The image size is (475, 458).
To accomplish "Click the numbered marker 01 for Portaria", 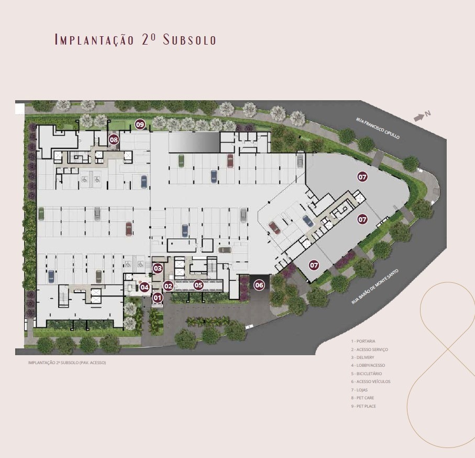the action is click(x=158, y=298).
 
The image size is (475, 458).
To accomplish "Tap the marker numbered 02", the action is click(x=168, y=286).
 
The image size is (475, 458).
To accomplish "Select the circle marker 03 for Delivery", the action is click(x=158, y=268).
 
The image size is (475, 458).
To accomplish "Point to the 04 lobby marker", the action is click(x=145, y=287).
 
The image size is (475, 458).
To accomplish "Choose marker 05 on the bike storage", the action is click(x=198, y=285).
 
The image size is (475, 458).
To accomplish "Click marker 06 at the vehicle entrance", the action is click(x=259, y=285).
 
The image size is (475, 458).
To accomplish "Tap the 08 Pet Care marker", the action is click(x=114, y=140).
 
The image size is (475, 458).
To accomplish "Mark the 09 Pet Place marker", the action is click(x=140, y=124).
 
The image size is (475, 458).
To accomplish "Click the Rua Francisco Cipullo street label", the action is click(x=378, y=129).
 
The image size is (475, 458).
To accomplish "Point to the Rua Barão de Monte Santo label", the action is click(x=375, y=286).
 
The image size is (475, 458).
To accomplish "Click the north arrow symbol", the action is click(x=419, y=118).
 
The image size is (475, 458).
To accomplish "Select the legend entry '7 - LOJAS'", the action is click(x=359, y=390).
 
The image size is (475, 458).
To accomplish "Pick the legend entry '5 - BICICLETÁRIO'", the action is click(x=367, y=374).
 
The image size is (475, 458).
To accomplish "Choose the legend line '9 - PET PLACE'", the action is click(x=363, y=406).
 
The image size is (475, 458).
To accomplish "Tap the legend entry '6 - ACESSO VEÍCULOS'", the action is click(x=371, y=381).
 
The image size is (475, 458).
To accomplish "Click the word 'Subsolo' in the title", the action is click(x=190, y=40).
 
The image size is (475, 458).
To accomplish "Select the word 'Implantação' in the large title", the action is click(x=94, y=40).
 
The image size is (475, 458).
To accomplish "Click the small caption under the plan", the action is click(x=67, y=363).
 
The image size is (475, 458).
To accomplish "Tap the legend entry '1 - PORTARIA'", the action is click(x=363, y=341).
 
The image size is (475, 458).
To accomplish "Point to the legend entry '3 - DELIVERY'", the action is click(x=362, y=358).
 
